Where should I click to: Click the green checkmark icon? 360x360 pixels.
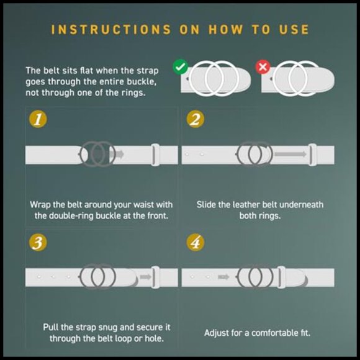181,67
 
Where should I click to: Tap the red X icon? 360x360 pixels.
263,67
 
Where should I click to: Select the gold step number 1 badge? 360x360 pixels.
38,119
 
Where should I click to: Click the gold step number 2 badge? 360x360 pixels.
195,119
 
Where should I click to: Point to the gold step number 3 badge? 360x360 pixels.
38,243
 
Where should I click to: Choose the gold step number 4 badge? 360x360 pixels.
195,243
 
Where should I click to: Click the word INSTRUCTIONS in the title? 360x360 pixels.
111,30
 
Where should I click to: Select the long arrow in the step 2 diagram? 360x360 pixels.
290,154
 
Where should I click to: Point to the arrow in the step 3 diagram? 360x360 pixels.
146,277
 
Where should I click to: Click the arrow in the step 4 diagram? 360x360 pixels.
223,277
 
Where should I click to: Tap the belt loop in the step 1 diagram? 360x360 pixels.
155,155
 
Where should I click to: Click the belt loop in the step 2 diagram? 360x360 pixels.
312,155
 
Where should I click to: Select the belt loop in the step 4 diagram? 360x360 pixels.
281,277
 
